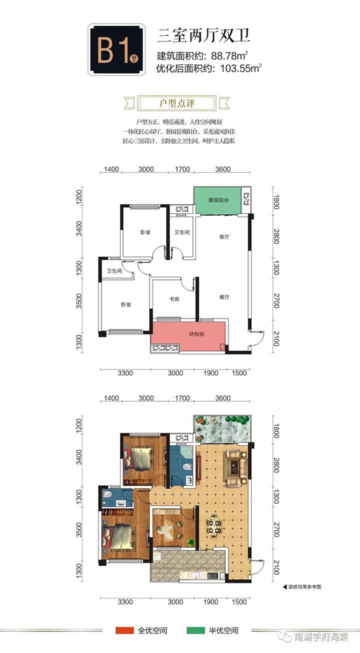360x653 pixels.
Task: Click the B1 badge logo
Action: coord(116,49)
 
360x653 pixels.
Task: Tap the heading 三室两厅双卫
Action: coord(203,36)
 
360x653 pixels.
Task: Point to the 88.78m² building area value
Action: coord(229,55)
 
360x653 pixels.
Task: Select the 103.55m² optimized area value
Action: coord(241,68)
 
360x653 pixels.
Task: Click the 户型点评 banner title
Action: coord(177,103)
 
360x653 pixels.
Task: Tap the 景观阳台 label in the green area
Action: coord(218,200)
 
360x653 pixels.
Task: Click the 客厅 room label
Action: coord(224,237)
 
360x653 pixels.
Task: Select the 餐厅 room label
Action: coord(224,297)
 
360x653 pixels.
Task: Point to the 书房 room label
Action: coord(174,299)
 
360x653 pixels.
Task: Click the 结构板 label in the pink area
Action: coord(197,334)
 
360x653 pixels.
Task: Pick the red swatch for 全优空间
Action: coord(124,630)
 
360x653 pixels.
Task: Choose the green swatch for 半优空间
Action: coord(195,630)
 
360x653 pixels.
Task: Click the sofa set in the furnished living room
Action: coord(234,467)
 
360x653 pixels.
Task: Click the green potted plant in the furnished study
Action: coord(191,541)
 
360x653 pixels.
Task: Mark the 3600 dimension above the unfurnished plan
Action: coord(222,169)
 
